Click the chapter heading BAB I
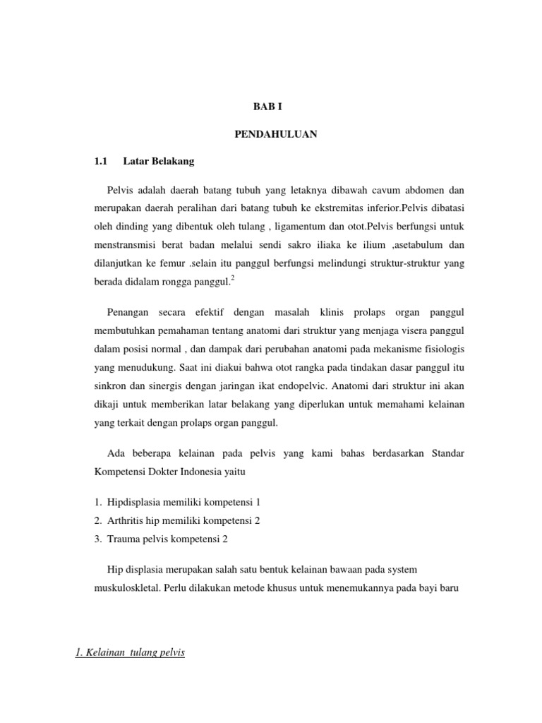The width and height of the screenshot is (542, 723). pos(271,107)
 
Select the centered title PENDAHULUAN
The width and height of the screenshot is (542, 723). pos(275,134)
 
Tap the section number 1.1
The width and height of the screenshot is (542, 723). pos(100,161)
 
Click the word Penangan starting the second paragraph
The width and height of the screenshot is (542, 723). pos(128,312)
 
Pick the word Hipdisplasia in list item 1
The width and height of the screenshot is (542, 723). pos(134,502)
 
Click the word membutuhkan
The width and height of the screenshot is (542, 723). pos(124,331)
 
